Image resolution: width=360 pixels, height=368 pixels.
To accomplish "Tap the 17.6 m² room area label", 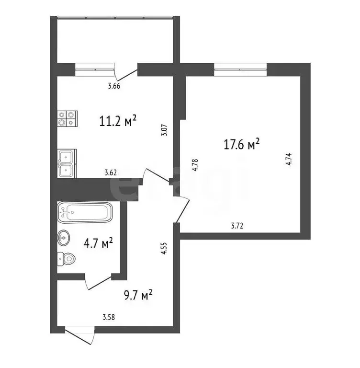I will [x=242, y=144].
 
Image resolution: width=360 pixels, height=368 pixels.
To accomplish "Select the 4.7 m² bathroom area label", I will [x=98, y=244].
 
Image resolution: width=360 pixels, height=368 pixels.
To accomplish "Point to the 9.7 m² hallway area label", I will [x=137, y=295].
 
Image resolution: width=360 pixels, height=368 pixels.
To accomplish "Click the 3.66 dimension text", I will [x=113, y=86].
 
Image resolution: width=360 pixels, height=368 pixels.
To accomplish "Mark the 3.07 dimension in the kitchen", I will [x=165, y=130].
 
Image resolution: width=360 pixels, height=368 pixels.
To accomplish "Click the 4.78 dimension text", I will [x=195, y=165].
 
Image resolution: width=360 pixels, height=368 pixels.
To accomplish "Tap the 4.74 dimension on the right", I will [x=288, y=159].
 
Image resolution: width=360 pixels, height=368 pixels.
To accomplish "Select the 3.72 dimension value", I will [x=236, y=226].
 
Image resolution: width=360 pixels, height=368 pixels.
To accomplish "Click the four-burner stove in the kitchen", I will [x=67, y=118].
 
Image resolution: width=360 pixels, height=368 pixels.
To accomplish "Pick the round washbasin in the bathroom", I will [x=64, y=237].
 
